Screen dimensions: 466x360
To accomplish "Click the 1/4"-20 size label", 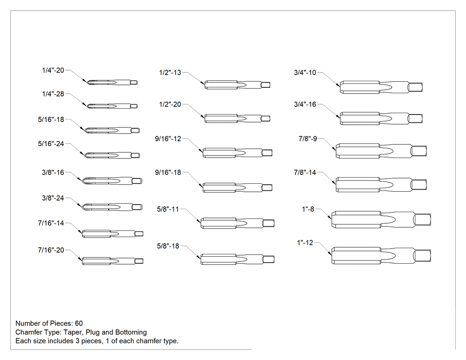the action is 53,71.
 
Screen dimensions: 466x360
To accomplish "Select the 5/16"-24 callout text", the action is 51,144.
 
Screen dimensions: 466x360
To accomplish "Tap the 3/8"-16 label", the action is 53,172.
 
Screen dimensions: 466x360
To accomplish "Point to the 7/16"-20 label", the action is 51,250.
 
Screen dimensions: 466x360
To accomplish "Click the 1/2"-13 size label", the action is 170,72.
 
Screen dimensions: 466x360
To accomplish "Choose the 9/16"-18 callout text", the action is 168,172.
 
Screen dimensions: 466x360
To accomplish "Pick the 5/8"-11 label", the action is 168,209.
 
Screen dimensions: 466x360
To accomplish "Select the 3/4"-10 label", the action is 305,72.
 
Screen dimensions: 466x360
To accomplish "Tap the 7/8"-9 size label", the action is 308,139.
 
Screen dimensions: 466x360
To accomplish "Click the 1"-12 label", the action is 305,243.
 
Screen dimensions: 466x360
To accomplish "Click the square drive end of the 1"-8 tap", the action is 423,220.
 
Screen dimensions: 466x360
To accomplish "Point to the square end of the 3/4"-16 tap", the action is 415,119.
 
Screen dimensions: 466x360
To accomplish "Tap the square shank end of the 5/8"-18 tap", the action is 268,259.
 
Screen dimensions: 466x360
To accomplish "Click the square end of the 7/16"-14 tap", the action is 139,234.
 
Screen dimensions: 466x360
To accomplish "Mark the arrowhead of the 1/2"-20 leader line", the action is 203,117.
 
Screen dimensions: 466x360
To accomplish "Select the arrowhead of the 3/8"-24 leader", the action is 80,206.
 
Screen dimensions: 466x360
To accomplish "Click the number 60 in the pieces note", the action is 79,324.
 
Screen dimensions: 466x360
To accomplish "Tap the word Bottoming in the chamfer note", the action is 131,332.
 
